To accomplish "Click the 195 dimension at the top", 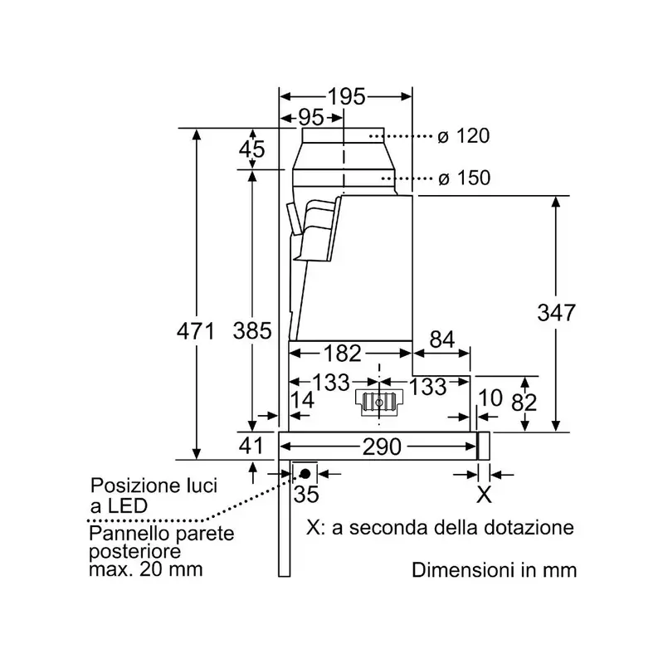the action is (x=346, y=96).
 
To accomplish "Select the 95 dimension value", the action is (x=311, y=117).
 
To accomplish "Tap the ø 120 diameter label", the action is (x=464, y=136).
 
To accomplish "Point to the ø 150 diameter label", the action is (x=465, y=178).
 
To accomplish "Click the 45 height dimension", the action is (x=252, y=149).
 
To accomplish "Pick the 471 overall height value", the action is (x=196, y=330).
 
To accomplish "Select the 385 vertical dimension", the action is (x=252, y=330).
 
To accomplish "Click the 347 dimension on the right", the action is (x=556, y=313).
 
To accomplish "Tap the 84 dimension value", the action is (x=442, y=339).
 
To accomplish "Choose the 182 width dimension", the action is (x=343, y=354).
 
